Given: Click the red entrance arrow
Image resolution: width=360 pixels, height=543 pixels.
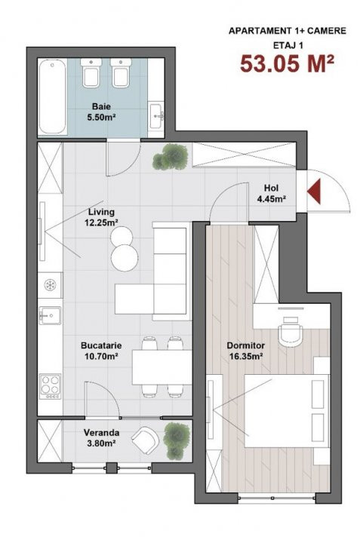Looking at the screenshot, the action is pyautogui.click(x=314, y=191).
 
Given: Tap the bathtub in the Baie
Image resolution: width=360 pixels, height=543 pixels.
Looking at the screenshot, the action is pyautogui.click(x=52, y=97).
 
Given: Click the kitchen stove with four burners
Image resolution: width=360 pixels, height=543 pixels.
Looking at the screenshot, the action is pyautogui.click(x=51, y=386).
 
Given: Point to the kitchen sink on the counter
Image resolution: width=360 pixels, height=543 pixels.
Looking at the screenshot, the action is pyautogui.click(x=51, y=315).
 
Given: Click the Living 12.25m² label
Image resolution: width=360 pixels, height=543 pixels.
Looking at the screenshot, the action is pyautogui.click(x=101, y=217).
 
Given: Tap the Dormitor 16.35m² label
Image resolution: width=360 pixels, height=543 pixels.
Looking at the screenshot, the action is pyautogui.click(x=245, y=351).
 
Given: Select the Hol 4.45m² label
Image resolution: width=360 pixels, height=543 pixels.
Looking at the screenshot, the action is pyautogui.click(x=271, y=193).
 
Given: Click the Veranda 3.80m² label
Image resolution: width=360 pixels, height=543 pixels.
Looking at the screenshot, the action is pyautogui.click(x=101, y=437).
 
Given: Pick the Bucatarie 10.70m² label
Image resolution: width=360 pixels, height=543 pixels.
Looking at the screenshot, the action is pyautogui.click(x=101, y=351).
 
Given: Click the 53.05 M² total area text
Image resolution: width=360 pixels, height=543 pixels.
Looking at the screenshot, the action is pyautogui.click(x=288, y=63).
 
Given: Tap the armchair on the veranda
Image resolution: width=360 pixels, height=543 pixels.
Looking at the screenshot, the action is pyautogui.click(x=146, y=440).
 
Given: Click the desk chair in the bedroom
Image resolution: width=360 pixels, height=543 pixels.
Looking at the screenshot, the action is pyautogui.click(x=291, y=331).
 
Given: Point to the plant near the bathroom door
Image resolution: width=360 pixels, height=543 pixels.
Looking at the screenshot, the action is pyautogui.click(x=171, y=157).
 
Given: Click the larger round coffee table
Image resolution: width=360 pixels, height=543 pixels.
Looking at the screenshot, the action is pyautogui.click(x=125, y=258).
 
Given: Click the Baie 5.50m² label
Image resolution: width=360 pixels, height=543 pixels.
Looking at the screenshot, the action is pyautogui.click(x=101, y=112).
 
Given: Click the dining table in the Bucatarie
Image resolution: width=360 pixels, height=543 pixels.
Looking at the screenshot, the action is pyautogui.click(x=162, y=367).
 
